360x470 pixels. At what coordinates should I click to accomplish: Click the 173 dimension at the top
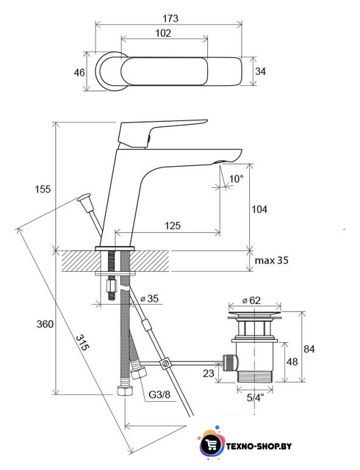pyautogui.click(x=170, y=18)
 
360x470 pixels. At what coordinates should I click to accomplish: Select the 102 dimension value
pyautogui.click(x=163, y=32)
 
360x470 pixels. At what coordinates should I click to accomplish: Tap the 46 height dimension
pyautogui.click(x=79, y=72)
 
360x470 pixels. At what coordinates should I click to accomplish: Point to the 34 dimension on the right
pyautogui.click(x=260, y=71)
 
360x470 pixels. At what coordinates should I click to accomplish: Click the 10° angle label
pyautogui.click(x=236, y=178)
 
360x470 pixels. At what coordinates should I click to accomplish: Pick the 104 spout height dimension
pyautogui.click(x=259, y=209)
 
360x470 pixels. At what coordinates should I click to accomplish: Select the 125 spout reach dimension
pyautogui.click(x=173, y=225)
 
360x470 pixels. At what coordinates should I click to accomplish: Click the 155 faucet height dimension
pyautogui.click(x=43, y=189)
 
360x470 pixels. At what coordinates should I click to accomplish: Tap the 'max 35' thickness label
pyautogui.click(x=272, y=260)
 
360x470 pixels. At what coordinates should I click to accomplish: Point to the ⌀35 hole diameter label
pyautogui.click(x=149, y=299)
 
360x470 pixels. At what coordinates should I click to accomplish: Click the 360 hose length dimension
pyautogui.click(x=45, y=324)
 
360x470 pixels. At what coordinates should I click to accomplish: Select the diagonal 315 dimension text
pyautogui.click(x=82, y=343)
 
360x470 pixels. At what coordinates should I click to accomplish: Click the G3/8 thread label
pyautogui.click(x=159, y=394)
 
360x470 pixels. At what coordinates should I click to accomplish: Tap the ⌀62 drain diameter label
pyautogui.click(x=251, y=300)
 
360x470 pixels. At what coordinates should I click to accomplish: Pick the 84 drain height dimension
pyautogui.click(x=309, y=349)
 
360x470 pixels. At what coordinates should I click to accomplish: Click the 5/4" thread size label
pyautogui.click(x=255, y=397)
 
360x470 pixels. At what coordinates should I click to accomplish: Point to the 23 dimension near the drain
pyautogui.click(x=209, y=373)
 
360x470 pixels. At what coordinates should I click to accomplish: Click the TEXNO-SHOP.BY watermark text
pyautogui.click(x=259, y=446)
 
